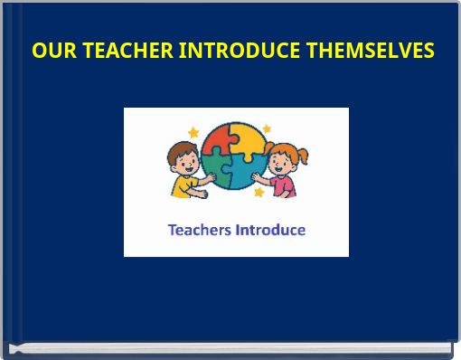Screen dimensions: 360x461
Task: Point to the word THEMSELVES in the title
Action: pyautogui.click(x=370, y=51)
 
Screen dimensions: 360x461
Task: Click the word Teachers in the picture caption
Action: pyautogui.click(x=200, y=230)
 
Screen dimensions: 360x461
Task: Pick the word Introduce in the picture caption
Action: pyautogui.click(x=270, y=230)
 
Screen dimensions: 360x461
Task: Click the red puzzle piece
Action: pyautogui.click(x=219, y=142)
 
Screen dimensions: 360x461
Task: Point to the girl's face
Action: pyautogui.click(x=283, y=162)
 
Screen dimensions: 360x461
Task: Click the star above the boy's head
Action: pyautogui.click(x=193, y=132)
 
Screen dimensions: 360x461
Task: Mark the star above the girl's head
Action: pyautogui.click(x=267, y=129)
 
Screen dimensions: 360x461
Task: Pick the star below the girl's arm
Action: pyautogui.click(x=259, y=193)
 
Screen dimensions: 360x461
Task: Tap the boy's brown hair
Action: pyautogui.click(x=181, y=149)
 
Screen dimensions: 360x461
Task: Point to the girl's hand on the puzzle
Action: pyautogui.click(x=259, y=175)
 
